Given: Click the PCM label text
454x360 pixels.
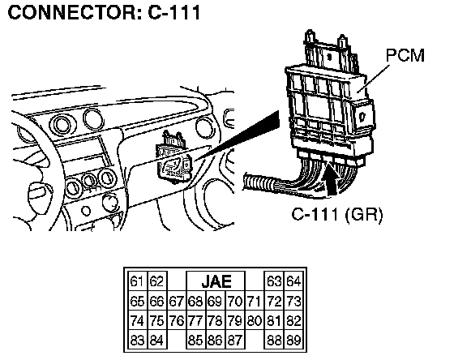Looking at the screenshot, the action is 405,55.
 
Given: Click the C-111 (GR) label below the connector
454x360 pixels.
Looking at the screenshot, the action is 337,215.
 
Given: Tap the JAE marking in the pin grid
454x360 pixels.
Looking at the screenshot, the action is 216,281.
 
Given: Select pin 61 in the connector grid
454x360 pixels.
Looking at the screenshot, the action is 137,281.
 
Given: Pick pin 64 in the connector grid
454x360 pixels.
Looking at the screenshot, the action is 293,281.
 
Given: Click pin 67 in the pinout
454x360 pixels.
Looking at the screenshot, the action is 177,301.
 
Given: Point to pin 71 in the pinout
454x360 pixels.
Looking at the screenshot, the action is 254,301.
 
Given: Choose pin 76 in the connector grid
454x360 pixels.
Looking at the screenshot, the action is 177,321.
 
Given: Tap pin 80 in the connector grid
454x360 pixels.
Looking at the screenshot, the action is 255,321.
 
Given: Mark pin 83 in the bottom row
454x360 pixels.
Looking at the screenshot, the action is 137,341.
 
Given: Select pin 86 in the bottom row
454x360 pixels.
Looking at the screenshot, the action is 215,341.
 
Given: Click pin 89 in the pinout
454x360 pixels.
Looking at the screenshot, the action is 293,341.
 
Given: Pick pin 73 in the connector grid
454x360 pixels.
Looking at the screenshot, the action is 293,301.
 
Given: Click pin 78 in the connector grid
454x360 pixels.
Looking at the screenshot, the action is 215,321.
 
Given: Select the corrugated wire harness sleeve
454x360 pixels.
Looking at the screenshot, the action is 259,182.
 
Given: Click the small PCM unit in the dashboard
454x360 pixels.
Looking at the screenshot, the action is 174,158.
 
